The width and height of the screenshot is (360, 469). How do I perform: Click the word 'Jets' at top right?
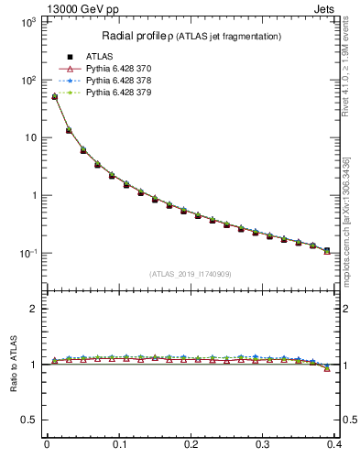tap(324, 8)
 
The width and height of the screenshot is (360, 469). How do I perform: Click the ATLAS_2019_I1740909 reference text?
tap(191, 274)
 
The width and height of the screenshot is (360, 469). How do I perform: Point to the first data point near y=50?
tap(54, 96)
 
